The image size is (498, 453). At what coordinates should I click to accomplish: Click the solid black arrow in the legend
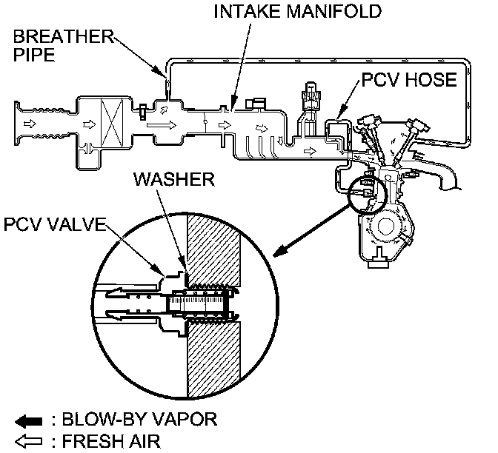coord(27,420)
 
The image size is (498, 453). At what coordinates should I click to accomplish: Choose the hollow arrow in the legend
coord(27,441)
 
